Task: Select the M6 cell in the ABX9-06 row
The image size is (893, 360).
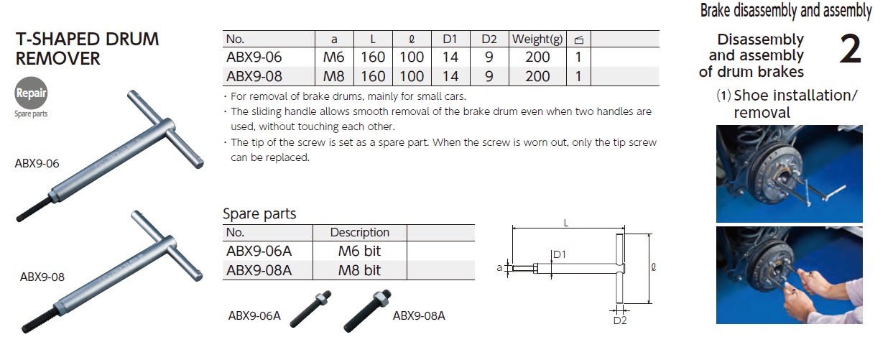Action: tap(334, 57)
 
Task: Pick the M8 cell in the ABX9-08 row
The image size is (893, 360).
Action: tap(334, 75)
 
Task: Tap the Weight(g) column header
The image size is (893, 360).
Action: tap(538, 39)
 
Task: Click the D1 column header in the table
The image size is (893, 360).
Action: tap(450, 39)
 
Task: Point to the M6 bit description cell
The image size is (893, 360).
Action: tap(359, 251)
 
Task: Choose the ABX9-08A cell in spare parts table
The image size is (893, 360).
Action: tap(259, 269)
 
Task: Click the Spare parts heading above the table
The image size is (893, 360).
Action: tap(259, 213)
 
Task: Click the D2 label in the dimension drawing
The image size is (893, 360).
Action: tap(620, 320)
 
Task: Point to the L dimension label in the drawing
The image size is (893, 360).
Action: tap(566, 223)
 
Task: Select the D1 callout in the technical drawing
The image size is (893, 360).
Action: tap(560, 254)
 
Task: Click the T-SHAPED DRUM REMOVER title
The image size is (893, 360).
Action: tap(87, 49)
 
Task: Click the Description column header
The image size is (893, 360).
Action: tap(359, 232)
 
